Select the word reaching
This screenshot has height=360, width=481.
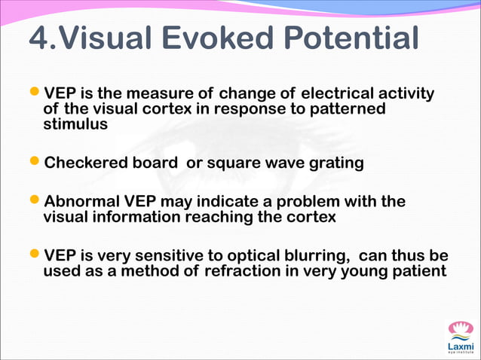pyautogui.click(x=223, y=217)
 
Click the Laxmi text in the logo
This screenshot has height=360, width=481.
pyautogui.click(x=459, y=345)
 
